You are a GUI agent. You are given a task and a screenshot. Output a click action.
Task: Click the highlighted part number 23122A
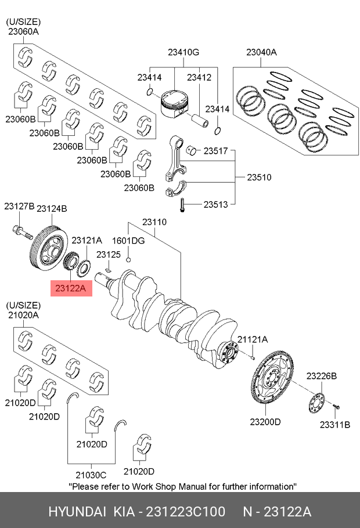point(71,288)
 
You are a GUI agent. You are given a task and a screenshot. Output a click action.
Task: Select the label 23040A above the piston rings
point(261,52)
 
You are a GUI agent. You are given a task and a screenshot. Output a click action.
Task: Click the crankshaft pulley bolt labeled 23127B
point(22,232)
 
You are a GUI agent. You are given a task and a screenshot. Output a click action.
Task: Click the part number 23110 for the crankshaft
point(154,222)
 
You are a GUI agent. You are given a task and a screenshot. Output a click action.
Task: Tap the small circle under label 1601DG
point(128,259)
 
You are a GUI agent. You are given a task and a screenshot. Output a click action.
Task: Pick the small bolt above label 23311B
point(336,407)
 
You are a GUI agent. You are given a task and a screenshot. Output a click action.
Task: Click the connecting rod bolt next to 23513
point(182,205)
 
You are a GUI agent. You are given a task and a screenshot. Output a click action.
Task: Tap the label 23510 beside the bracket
point(259,177)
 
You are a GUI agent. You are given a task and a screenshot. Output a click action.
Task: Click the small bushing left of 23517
point(192,150)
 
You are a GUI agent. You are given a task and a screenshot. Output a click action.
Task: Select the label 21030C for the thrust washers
point(91,475)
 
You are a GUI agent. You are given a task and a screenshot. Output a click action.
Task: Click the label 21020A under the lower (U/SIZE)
point(23,315)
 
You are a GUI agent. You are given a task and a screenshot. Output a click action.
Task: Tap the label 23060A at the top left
point(23,32)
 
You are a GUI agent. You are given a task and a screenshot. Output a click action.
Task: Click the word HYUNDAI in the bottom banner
point(77,512)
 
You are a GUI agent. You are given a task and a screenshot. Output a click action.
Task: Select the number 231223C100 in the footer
point(185,512)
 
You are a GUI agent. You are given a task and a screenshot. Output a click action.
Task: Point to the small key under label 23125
point(109,269)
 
